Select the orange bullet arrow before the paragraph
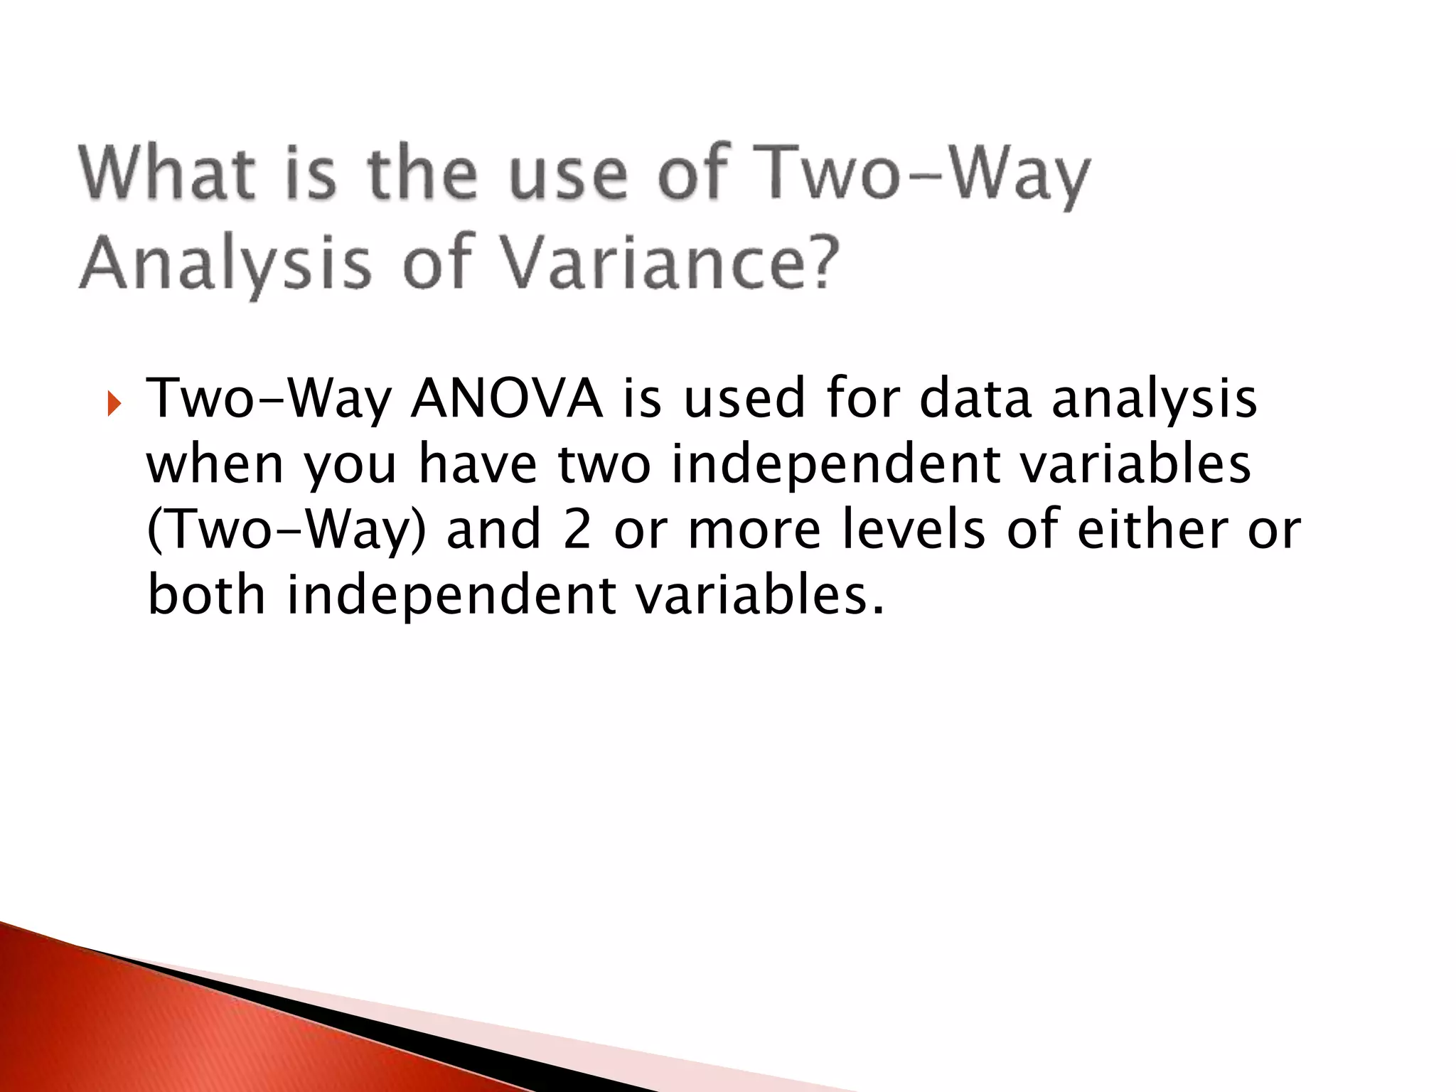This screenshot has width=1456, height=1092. pos(114,407)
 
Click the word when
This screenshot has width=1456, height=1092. pos(215,465)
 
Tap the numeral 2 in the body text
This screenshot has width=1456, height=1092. pos(577,530)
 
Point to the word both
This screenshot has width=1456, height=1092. pos(206,596)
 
